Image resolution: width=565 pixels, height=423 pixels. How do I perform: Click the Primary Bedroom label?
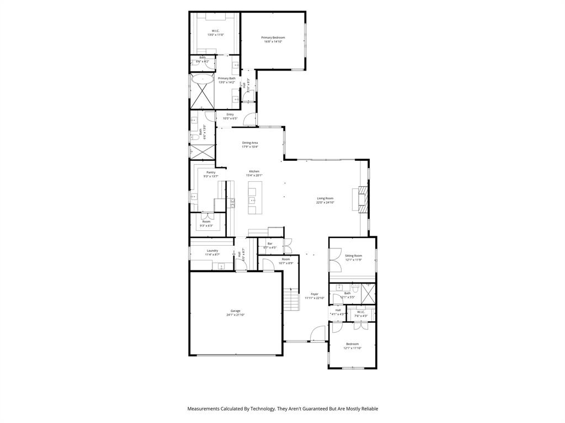point(273,37)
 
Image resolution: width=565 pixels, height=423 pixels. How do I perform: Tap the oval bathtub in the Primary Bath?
point(203,79)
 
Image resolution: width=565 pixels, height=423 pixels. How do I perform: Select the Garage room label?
point(235,311)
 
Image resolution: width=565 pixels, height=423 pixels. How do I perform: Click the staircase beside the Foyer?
point(291,300)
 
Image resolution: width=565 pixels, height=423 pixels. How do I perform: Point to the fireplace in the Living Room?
point(363,198)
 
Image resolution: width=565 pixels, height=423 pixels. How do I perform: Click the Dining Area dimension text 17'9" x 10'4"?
point(250,147)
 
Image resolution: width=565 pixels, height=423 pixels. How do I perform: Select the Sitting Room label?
point(353,256)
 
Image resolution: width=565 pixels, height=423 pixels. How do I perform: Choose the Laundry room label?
point(212,251)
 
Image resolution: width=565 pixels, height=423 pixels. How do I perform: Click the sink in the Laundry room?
point(221,267)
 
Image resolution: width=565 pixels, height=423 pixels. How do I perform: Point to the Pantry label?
point(211,172)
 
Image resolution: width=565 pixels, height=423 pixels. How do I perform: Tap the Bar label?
point(270,243)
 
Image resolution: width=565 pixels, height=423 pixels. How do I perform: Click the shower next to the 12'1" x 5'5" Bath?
point(368,293)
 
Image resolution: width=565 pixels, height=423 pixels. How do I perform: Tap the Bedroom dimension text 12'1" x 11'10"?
point(353,348)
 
